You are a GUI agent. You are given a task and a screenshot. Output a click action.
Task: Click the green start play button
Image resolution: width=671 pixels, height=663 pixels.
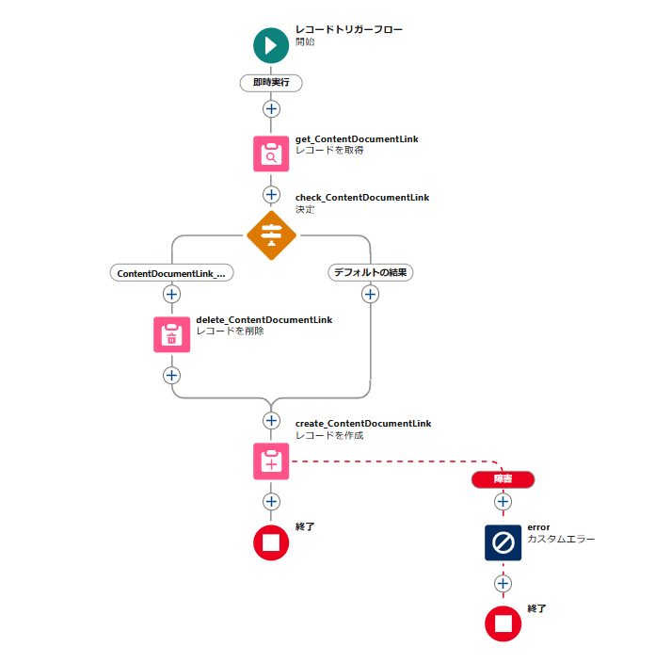(271, 45)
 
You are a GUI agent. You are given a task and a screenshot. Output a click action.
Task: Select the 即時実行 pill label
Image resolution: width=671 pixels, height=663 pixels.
(271, 83)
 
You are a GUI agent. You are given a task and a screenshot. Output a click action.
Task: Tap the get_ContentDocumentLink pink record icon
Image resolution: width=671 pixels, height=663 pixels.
(271, 154)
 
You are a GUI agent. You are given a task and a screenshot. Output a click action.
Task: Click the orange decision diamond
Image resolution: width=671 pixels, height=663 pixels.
(271, 235)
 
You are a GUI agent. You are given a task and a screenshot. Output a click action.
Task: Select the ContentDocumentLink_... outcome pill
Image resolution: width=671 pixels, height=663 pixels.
(171, 273)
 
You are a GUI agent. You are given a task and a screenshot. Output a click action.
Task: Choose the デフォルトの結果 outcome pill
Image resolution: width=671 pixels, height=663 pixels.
(370, 272)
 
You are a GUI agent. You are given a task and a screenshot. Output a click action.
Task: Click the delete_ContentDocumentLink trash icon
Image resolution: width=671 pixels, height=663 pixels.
(171, 334)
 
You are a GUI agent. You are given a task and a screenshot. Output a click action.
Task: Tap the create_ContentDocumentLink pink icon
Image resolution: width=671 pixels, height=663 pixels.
(271, 461)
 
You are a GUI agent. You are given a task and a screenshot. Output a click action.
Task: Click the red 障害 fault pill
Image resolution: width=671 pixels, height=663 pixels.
(503, 479)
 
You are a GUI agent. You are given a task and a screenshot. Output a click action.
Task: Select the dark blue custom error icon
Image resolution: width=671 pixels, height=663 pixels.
(503, 542)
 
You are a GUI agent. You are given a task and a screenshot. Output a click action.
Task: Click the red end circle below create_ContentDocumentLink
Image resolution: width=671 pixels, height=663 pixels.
(271, 542)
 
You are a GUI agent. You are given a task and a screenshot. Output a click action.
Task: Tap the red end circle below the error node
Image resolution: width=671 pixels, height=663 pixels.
(503, 623)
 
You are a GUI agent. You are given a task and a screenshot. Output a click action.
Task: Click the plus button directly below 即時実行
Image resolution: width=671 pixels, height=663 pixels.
(271, 109)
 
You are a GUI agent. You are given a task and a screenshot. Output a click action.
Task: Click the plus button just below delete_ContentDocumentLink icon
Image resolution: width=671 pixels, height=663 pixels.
(171, 376)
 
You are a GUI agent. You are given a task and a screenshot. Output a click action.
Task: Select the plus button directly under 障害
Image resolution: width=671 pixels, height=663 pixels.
(503, 502)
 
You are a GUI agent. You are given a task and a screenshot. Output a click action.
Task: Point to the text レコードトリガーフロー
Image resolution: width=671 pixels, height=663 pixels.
(349, 29)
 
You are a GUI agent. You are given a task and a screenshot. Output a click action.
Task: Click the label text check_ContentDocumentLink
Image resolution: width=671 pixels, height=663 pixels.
(362, 198)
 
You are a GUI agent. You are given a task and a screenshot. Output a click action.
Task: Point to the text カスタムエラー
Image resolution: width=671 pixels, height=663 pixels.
(561, 539)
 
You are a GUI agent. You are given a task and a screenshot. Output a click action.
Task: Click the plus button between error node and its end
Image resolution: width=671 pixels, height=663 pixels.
(503, 583)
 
